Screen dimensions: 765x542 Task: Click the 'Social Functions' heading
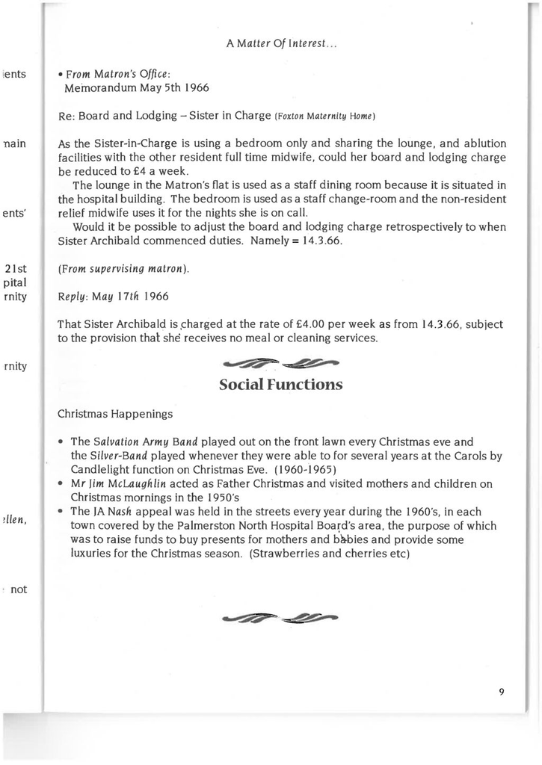point(280,385)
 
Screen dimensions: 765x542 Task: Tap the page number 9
point(502,692)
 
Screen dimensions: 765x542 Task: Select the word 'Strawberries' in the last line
point(290,554)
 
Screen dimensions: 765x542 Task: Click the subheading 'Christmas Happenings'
point(115,413)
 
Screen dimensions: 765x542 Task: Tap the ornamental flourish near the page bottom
point(280,617)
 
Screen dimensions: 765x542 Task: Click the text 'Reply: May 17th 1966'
point(113,296)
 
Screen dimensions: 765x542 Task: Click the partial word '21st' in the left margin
point(16,268)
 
